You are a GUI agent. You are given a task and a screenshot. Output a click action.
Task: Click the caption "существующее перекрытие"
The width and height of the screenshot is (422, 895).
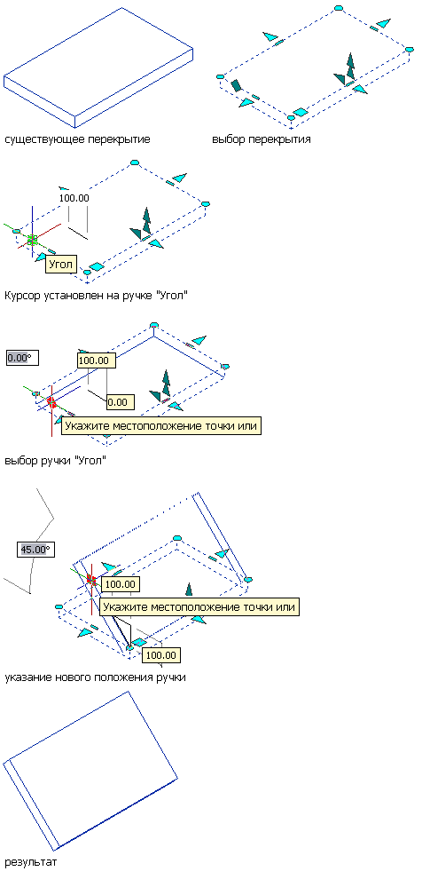tap(77, 139)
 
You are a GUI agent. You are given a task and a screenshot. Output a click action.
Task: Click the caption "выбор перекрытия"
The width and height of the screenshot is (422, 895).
tap(262, 139)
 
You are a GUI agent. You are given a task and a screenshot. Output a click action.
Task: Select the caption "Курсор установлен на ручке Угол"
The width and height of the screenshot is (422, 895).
tap(96, 296)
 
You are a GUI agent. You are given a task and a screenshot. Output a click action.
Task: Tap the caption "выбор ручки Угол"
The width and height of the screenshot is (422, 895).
tap(55, 461)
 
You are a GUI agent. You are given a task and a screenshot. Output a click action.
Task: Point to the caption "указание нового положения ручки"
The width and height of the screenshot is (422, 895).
tap(95, 677)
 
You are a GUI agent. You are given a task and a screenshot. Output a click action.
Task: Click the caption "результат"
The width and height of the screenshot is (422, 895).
tap(31, 862)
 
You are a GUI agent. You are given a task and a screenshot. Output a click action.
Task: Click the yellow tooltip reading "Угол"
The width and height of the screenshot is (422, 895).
tap(60, 265)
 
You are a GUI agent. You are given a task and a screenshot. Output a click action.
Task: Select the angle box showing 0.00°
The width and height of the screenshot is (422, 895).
tap(19, 358)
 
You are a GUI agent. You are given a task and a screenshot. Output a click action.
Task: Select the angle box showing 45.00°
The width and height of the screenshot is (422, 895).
tap(35, 550)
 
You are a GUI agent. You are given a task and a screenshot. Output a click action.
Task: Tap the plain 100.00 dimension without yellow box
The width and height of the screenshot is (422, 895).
tap(74, 198)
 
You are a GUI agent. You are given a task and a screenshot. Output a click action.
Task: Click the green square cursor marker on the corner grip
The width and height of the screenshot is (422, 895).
tap(32, 241)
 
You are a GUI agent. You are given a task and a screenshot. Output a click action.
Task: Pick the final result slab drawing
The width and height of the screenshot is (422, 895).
tap(90, 771)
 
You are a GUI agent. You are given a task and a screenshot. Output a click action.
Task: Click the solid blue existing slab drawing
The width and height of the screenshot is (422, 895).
tap(98, 67)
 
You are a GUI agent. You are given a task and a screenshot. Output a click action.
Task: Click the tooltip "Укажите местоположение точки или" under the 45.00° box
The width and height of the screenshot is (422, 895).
tap(199, 606)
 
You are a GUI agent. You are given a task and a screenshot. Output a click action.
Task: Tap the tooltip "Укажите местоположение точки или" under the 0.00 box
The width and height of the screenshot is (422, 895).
tap(161, 426)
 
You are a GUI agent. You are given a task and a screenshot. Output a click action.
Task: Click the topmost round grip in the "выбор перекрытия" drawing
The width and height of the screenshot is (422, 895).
tap(338, 9)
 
